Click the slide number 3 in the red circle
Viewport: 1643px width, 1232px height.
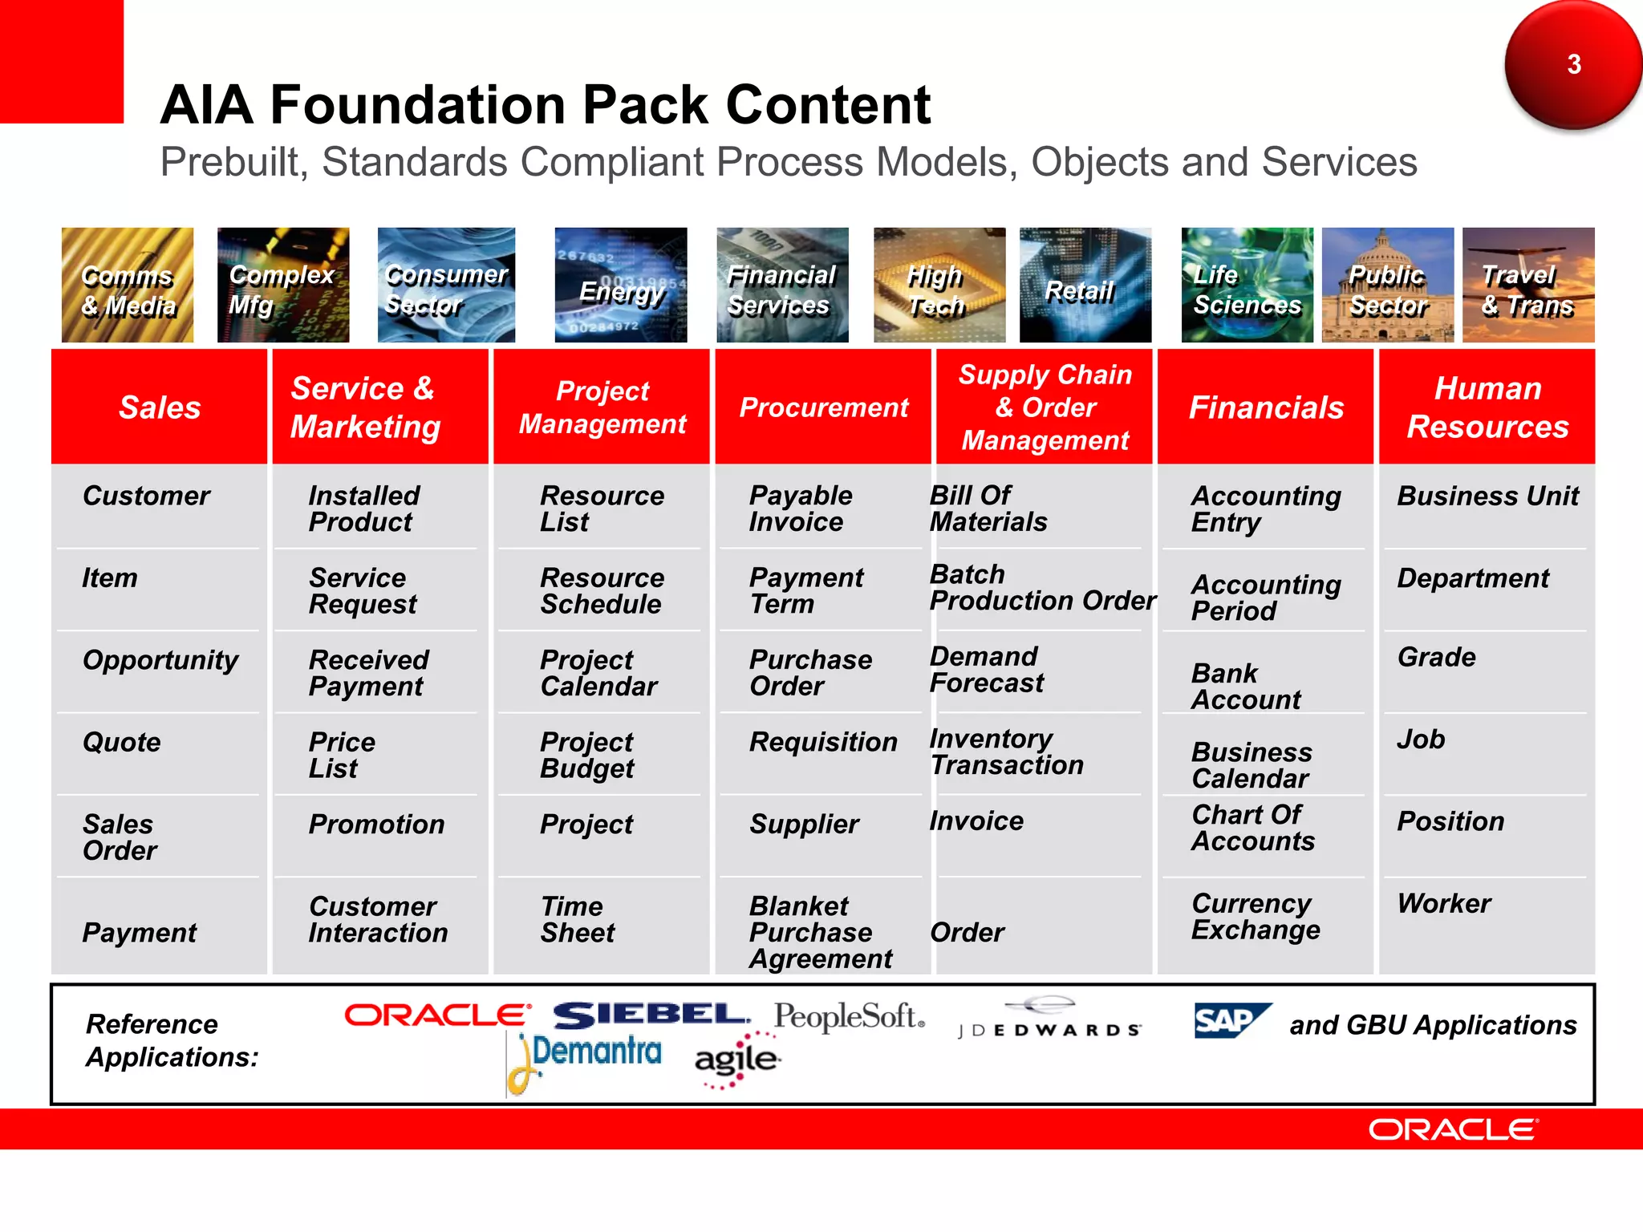(1573, 64)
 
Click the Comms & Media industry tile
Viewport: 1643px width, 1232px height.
(128, 286)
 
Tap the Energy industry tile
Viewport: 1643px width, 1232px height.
(621, 286)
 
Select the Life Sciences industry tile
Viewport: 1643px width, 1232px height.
(1247, 286)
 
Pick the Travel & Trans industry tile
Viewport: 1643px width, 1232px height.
(1527, 286)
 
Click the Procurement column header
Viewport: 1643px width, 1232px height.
(823, 407)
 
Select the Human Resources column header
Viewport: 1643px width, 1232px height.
(1487, 407)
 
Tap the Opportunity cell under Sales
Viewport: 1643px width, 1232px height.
(160, 660)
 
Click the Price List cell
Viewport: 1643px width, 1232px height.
(342, 755)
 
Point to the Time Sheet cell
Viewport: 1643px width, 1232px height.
(577, 919)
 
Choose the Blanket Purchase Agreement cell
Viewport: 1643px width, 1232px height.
(820, 932)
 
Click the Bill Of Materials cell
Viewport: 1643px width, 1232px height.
(988, 509)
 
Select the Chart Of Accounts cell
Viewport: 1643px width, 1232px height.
(1252, 828)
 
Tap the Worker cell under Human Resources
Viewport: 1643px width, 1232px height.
(1443, 903)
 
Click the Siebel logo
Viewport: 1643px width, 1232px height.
(651, 1015)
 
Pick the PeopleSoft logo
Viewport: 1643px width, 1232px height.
(849, 1016)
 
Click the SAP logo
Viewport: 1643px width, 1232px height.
(1231, 1020)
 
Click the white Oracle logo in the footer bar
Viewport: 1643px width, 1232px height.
(1453, 1129)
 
